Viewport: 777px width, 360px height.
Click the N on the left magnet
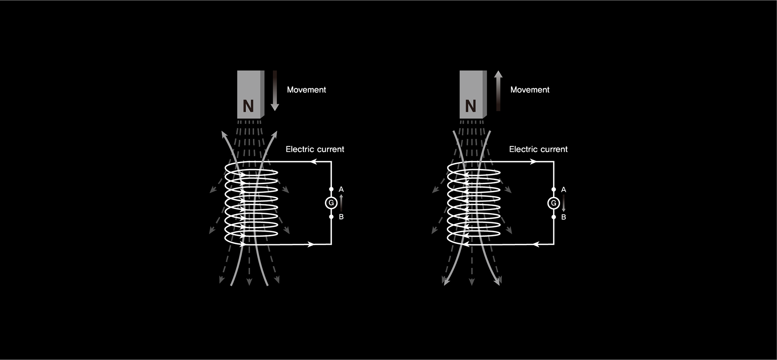click(x=248, y=106)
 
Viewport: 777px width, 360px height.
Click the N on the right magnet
click(x=471, y=106)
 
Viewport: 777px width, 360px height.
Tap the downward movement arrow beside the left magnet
click(x=275, y=91)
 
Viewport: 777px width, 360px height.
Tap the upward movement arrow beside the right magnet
click(x=499, y=91)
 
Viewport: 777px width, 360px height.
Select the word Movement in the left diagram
click(x=306, y=90)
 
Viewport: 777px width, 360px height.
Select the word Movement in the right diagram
click(x=530, y=90)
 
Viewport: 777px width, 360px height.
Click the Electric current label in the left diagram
click(x=315, y=149)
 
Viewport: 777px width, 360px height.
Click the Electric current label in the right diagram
click(x=538, y=149)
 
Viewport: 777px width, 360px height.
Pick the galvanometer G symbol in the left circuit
click(x=331, y=203)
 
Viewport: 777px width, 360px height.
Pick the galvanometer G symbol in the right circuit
click(x=554, y=203)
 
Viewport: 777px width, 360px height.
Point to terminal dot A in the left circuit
click(x=331, y=189)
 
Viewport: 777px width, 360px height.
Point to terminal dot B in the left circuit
click(x=331, y=217)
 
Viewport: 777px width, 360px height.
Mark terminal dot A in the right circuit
click(x=554, y=189)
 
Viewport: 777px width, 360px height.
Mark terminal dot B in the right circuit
click(x=554, y=217)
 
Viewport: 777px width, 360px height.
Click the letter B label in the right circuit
click(x=564, y=217)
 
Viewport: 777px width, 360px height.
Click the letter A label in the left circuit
click(x=341, y=189)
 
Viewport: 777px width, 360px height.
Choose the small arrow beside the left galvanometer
click(x=341, y=203)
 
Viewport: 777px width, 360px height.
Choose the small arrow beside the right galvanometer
click(x=564, y=203)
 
